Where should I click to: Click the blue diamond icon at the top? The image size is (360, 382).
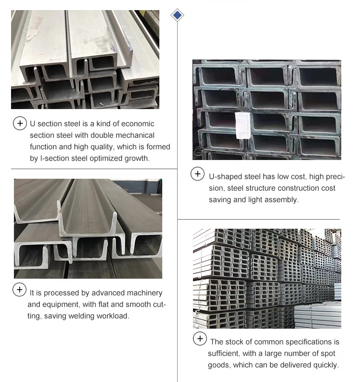178,15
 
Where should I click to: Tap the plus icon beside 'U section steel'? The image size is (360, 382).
20,123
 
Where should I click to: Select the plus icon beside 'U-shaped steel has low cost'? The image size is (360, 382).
198,174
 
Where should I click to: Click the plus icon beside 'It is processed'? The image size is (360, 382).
20,290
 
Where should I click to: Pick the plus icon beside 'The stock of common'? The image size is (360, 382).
200,339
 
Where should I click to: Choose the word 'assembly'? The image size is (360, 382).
283,199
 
